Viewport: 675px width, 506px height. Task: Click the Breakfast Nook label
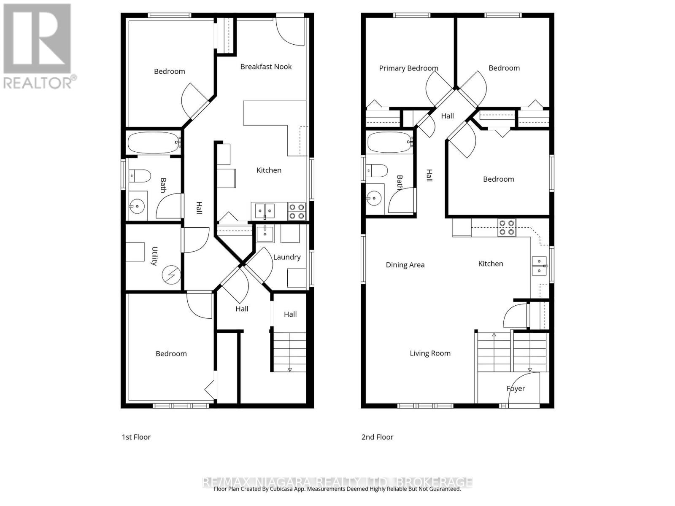tap(266, 67)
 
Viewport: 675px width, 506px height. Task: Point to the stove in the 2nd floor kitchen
tap(506, 228)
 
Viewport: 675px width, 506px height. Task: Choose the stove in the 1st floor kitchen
tap(296, 211)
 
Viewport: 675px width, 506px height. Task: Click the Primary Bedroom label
tap(408, 68)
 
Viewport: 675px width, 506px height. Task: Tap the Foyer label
tap(516, 388)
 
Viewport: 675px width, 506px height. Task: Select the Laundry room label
tap(287, 257)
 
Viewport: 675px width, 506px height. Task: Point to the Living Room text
tap(430, 353)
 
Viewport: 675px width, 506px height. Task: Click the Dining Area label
tap(405, 265)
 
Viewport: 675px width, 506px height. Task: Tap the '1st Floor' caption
tap(136, 437)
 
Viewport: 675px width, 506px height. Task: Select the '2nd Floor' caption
tap(377, 437)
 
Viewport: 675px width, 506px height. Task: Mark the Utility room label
tap(154, 256)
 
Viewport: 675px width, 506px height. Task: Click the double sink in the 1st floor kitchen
tap(265, 210)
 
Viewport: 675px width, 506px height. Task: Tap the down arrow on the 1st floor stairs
tap(290, 370)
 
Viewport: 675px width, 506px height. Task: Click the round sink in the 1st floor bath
tap(137, 207)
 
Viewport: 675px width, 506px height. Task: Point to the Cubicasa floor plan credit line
tap(337, 489)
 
